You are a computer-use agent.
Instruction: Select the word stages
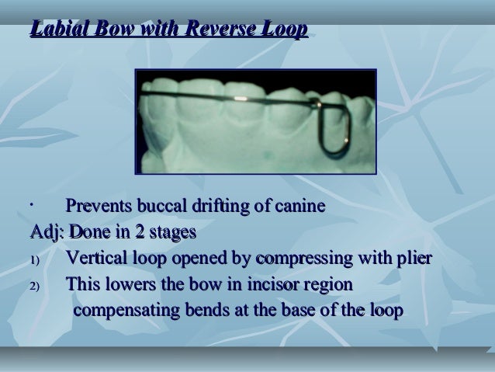tap(171, 232)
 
